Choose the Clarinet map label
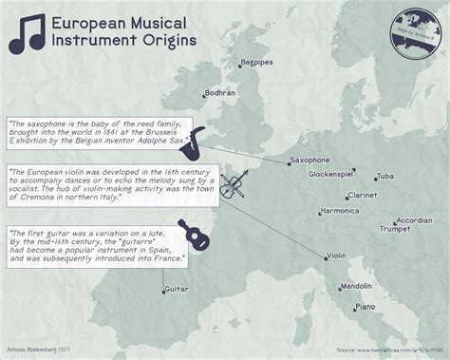click(x=362, y=194)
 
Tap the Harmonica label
click(x=340, y=210)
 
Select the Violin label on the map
click(x=336, y=256)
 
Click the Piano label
click(x=366, y=307)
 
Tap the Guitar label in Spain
click(x=175, y=287)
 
